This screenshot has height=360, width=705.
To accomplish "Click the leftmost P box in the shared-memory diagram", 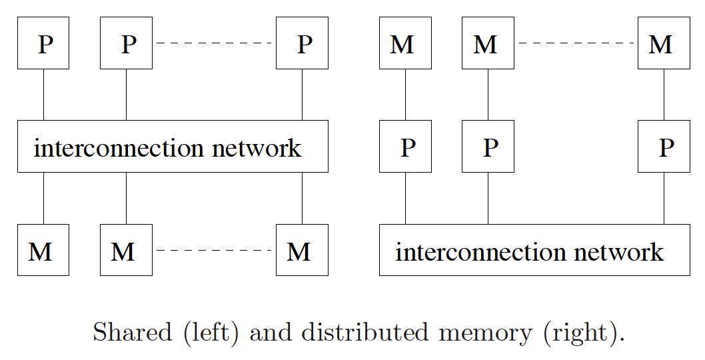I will pos(43,43).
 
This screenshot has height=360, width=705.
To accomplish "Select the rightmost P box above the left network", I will pos(302,43).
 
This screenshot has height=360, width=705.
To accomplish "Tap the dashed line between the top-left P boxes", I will pos(214,43).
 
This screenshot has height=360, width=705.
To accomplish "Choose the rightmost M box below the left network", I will pos(302,250).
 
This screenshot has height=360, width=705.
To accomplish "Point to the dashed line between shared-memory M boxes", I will pos(214,251).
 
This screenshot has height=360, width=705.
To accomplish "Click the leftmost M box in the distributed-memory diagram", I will pos(405,43).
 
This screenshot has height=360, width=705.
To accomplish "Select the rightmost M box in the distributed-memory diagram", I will pos(664,43).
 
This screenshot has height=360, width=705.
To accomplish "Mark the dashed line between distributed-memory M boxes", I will pos(576,43).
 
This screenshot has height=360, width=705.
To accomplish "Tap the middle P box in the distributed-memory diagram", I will pos(488,147).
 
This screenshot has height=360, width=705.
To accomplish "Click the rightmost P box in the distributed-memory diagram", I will pos(664,147).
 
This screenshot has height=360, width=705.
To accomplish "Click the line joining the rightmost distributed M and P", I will pos(664,95).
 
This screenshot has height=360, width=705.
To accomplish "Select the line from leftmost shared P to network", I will pos(43,95).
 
